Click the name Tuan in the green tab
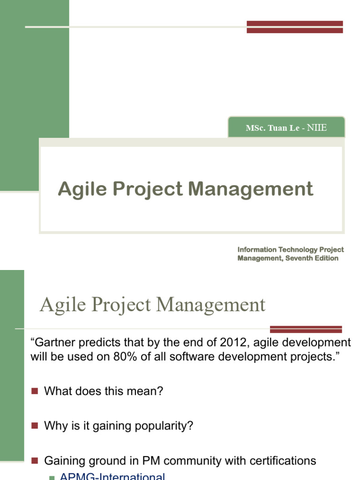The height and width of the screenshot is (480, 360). pos(277,128)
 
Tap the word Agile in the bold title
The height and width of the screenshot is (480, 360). pos(75,189)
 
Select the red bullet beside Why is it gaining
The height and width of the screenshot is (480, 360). pos(34,426)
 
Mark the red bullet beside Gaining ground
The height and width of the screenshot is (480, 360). pos(34,461)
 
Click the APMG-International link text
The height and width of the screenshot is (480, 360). pos(112,477)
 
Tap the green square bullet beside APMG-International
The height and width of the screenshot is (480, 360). pos(52,478)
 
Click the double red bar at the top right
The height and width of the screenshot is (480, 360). pos(294,27)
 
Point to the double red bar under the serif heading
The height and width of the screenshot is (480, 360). pos(306,329)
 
